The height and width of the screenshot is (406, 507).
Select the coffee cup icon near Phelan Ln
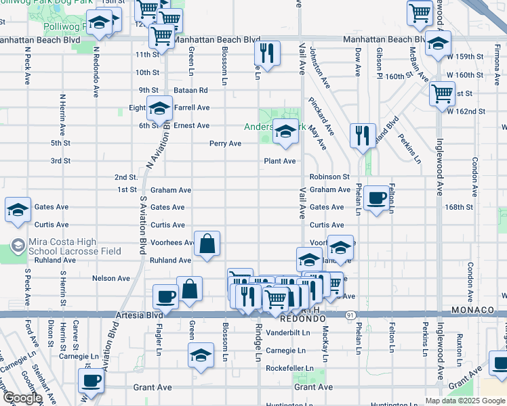[x=376, y=198]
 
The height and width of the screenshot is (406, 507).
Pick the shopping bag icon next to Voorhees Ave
[x=207, y=244]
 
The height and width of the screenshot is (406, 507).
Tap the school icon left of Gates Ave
[x=18, y=209]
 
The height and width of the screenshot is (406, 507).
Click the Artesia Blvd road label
[x=145, y=315]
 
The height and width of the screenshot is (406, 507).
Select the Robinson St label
[x=329, y=177]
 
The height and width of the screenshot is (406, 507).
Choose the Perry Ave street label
[x=225, y=143]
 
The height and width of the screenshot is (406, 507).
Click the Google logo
[x=22, y=398]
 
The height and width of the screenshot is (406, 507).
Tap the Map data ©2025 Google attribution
[x=465, y=401]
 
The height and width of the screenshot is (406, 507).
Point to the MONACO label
[x=475, y=310]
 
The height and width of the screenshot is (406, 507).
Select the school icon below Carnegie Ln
[x=201, y=355]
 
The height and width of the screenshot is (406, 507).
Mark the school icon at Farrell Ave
[x=159, y=109]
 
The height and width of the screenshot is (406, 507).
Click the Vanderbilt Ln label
[x=288, y=333]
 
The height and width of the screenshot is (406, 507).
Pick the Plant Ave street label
[x=280, y=161]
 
